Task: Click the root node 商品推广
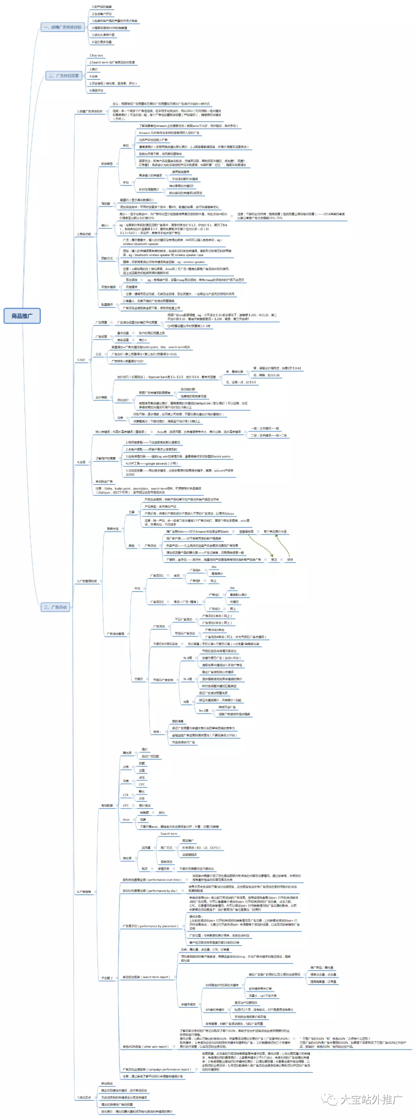(x=22, y=315)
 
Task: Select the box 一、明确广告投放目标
(x=62, y=27)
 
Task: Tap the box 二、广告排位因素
(x=64, y=76)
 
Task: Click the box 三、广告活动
(x=55, y=607)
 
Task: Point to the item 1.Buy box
(x=96, y=56)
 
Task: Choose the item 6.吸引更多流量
(x=102, y=42)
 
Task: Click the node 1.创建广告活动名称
(x=90, y=111)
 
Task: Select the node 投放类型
(x=107, y=164)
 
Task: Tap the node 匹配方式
(x=107, y=258)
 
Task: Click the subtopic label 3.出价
(x=81, y=360)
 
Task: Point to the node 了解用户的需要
(x=106, y=458)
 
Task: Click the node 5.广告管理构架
(x=87, y=581)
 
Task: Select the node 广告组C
(x=214, y=595)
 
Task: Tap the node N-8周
(x=188, y=658)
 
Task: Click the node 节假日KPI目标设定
(x=165, y=644)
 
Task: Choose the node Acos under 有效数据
(x=126, y=820)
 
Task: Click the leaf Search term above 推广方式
(x=169, y=834)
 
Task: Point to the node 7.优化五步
(x=84, y=1098)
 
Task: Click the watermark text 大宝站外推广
(x=371, y=1099)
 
